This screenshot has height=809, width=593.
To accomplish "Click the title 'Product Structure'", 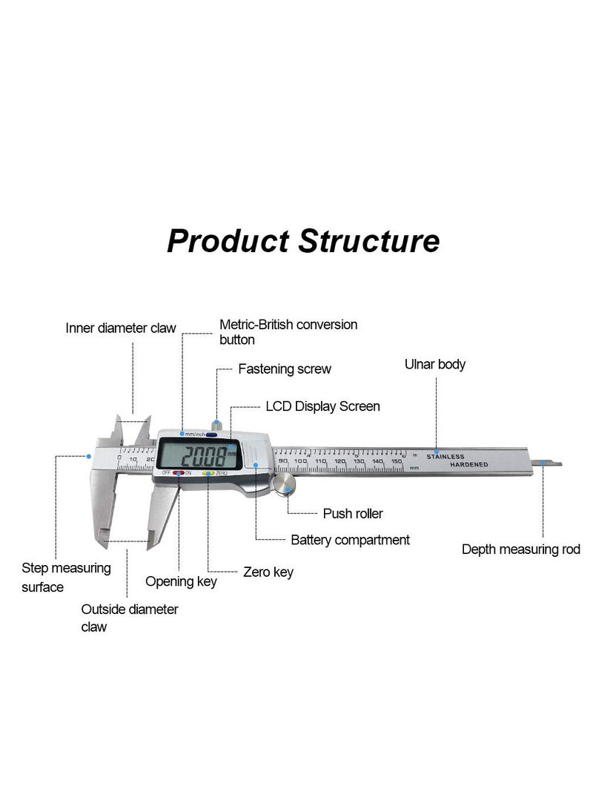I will (302, 241).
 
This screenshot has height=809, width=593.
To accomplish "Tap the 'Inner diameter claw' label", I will (121, 328).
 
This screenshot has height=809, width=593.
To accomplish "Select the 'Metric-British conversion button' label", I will (288, 332).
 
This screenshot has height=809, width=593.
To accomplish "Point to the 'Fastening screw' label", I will (284, 369).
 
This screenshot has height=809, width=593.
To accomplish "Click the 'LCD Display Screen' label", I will (322, 406).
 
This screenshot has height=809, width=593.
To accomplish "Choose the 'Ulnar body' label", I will (434, 364).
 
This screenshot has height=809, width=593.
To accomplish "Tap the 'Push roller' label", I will (353, 513).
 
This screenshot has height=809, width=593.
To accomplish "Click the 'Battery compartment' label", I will (350, 540).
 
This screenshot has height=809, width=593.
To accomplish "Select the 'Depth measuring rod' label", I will (520, 549).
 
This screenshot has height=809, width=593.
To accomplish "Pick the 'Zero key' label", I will (268, 572).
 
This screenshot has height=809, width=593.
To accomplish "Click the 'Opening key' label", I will (181, 581).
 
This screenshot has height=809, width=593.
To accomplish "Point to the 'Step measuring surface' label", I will (66, 577).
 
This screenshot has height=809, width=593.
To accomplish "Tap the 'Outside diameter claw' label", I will (129, 618).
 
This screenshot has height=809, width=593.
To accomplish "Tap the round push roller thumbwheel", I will (284, 486).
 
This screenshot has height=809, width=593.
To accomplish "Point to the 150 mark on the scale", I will (397, 461).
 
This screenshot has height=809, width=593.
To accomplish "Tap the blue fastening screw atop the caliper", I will (215, 426).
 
